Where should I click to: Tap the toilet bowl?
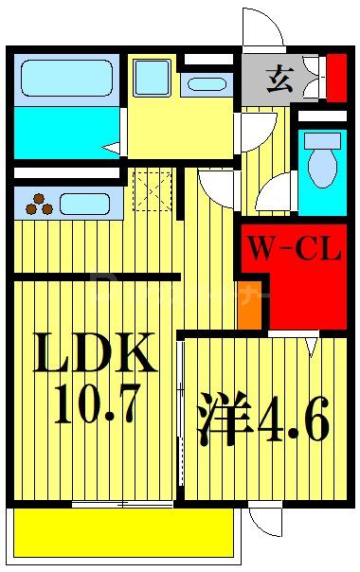322,167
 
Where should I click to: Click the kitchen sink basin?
85,203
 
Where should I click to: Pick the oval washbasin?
207,83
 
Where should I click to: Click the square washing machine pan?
152,78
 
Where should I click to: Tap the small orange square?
249,314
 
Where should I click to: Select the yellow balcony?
123,532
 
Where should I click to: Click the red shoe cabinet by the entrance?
336,78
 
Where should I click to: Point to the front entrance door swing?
263,27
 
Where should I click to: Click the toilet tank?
322,140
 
